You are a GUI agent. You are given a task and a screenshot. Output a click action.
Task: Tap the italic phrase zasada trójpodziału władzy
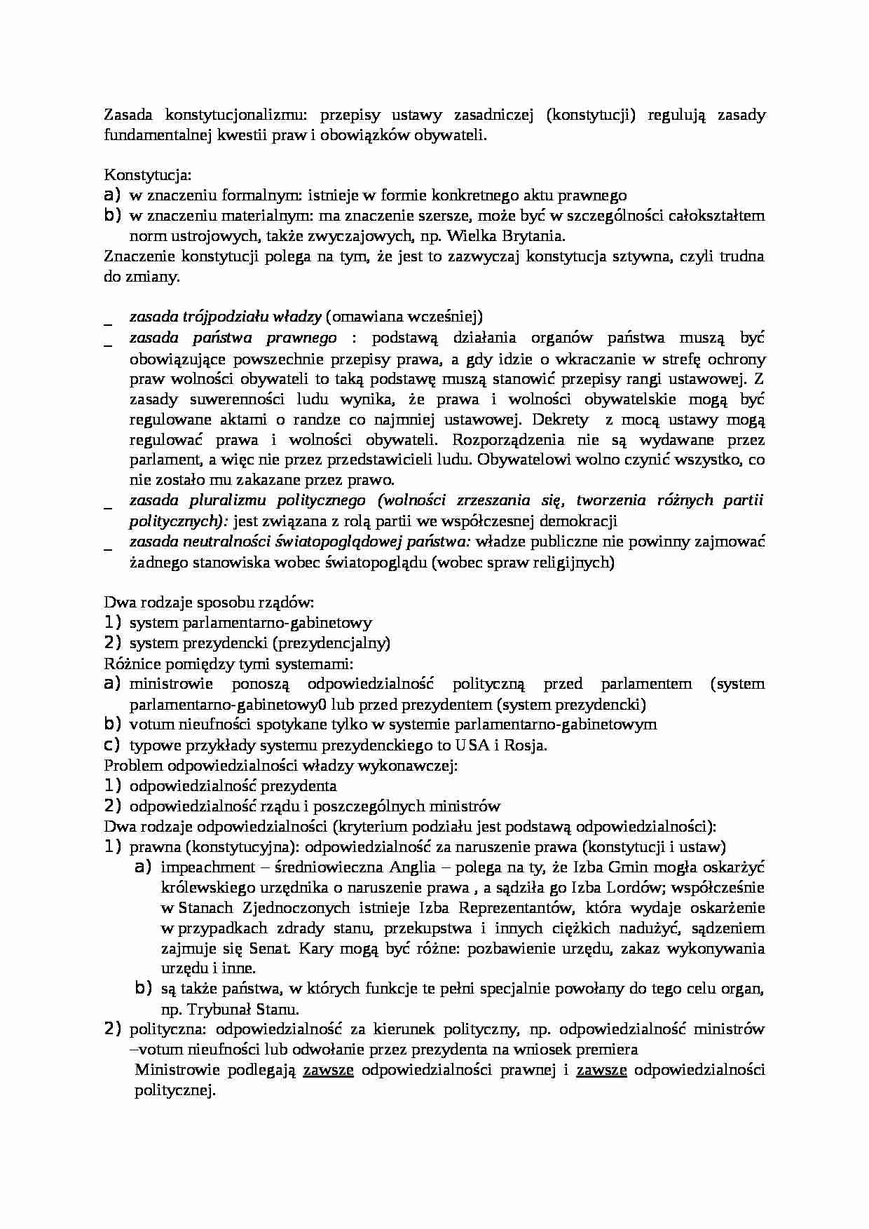pyautogui.click(x=225, y=317)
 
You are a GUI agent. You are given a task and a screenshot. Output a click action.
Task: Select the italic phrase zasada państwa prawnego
pyautogui.click(x=233, y=338)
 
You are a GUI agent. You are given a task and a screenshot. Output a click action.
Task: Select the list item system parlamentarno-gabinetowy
pyautogui.click(x=250, y=622)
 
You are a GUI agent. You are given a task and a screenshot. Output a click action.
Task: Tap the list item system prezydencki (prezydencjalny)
pyautogui.click(x=259, y=643)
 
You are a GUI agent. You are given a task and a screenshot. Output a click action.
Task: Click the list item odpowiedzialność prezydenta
pyautogui.click(x=233, y=785)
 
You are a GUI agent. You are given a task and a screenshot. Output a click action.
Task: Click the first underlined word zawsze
pyautogui.click(x=328, y=1070)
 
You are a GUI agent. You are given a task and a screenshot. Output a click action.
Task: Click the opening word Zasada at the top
pyautogui.click(x=126, y=115)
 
